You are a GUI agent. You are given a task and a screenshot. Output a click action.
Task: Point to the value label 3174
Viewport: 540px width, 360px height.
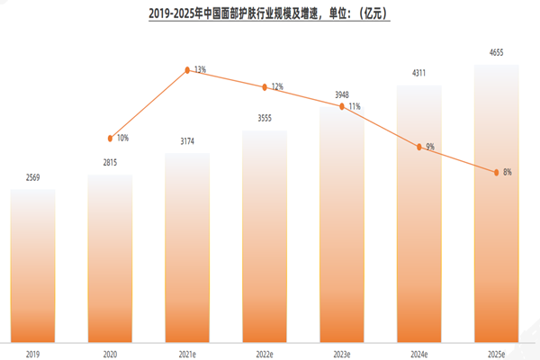click(187, 142)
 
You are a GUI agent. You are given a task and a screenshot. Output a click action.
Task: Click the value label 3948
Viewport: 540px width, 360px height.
click(342, 94)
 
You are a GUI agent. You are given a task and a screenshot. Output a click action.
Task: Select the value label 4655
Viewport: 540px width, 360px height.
click(497, 53)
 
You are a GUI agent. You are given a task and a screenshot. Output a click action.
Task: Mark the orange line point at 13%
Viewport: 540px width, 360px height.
click(187, 68)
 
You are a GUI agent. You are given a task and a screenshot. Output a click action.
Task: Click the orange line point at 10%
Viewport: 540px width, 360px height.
click(110, 139)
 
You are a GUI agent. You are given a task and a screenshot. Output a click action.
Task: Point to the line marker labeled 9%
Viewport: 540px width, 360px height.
click(419, 146)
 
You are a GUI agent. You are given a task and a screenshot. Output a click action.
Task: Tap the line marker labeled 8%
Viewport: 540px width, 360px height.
click(497, 172)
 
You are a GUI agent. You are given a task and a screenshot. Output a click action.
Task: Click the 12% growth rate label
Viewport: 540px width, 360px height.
click(277, 87)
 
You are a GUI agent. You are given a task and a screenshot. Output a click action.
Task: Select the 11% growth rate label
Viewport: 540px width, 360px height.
click(355, 106)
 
